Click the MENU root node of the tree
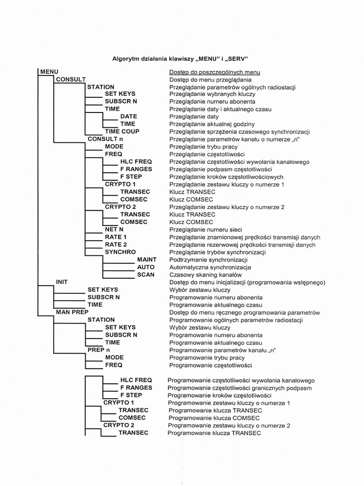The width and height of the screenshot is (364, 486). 49,72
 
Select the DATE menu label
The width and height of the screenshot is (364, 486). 129,116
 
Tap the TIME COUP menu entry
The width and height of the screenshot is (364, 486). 122,131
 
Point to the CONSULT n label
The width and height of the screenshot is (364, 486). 105,139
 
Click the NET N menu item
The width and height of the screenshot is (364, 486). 114,229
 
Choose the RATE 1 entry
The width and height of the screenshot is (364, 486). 116,237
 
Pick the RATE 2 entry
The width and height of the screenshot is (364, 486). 116,244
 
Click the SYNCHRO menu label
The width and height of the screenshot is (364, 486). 120,252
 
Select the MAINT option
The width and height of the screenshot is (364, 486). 146,260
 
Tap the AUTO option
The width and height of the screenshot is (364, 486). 146,267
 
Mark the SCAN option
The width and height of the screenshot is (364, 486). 146,275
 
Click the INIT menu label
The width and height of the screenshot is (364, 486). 62,282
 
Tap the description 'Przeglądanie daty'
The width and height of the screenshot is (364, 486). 194,116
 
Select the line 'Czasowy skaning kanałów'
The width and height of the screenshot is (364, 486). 205,275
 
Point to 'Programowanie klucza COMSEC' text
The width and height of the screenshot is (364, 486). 213,418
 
